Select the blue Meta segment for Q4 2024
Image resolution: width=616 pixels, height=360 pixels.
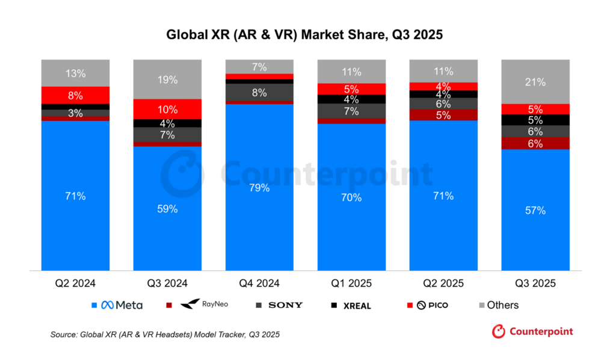(x=259, y=187)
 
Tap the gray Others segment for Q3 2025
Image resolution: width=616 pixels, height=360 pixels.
(x=535, y=82)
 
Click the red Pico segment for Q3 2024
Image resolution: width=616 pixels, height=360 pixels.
(x=167, y=110)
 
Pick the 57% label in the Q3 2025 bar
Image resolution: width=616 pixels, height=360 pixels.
(x=535, y=210)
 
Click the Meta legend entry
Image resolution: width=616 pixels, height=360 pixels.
(x=118, y=305)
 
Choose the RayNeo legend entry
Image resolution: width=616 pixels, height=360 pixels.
(x=202, y=305)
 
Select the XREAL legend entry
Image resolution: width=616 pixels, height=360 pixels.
(x=353, y=305)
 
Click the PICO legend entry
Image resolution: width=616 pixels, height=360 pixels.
(x=430, y=305)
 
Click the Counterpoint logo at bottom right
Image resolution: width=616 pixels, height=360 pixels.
(x=532, y=331)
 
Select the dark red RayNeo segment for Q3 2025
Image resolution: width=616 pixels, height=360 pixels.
(x=535, y=143)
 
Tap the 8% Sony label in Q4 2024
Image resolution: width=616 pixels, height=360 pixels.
(x=259, y=93)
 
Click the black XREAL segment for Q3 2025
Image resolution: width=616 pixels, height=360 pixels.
(x=535, y=120)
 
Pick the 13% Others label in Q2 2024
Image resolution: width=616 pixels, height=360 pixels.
(x=75, y=73)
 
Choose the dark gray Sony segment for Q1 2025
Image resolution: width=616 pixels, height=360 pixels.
(x=351, y=111)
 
